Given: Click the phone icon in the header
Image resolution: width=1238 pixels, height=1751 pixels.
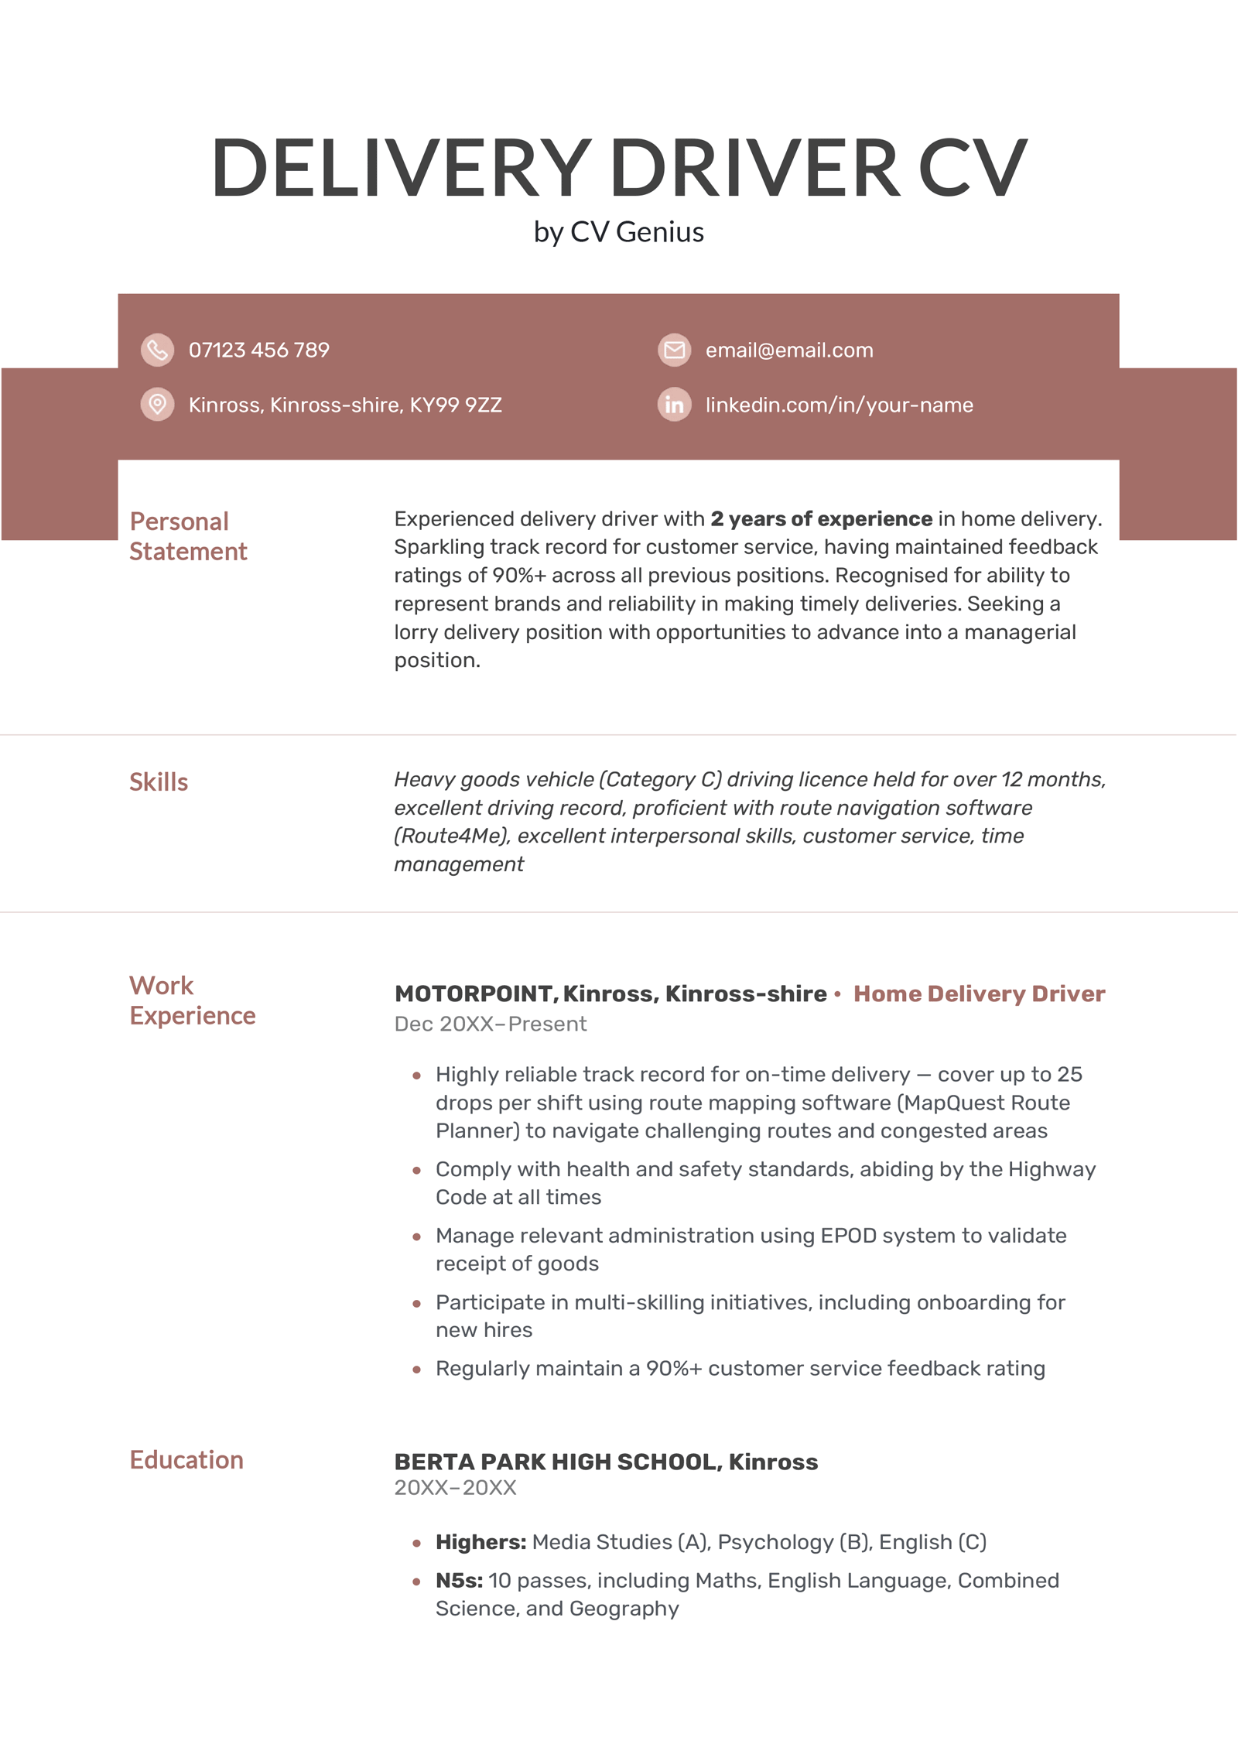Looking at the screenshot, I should [x=157, y=350].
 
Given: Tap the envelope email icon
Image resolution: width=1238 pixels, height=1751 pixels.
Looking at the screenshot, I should [x=674, y=350].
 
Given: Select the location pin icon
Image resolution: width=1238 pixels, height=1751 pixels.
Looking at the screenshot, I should [x=157, y=404].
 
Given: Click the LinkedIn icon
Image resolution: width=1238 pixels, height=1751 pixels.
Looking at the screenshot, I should [x=674, y=404].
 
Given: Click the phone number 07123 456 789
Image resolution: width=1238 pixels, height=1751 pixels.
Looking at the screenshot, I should [x=258, y=351].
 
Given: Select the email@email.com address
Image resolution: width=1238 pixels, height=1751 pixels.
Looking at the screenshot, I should [x=788, y=351].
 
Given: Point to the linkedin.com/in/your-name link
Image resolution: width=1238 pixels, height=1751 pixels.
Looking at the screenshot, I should [x=839, y=405].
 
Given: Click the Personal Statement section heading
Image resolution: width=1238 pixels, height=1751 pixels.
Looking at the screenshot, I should [x=188, y=536].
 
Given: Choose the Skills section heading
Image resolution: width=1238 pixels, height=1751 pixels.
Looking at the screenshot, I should [x=159, y=782].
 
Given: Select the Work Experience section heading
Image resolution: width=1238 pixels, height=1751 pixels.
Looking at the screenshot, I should [x=192, y=1000].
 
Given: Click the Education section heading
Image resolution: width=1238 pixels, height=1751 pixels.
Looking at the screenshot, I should [x=186, y=1460].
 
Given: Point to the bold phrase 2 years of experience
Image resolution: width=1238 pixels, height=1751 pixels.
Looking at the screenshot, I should [x=821, y=518].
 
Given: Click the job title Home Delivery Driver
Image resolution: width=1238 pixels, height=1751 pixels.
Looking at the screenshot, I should [x=979, y=993].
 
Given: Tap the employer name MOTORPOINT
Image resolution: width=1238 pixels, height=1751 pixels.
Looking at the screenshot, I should [x=474, y=993].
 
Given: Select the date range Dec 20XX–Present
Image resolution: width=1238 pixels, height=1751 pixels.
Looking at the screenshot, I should [x=490, y=1024].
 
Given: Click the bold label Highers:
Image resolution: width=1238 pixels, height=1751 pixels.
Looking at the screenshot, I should [x=480, y=1542].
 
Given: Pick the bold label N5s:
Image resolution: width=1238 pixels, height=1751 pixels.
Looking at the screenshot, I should [x=459, y=1580].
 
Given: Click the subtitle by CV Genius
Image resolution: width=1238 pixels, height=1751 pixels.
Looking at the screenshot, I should [x=618, y=232].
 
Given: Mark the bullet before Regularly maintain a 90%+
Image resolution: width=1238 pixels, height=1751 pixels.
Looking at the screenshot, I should [x=417, y=1370].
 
